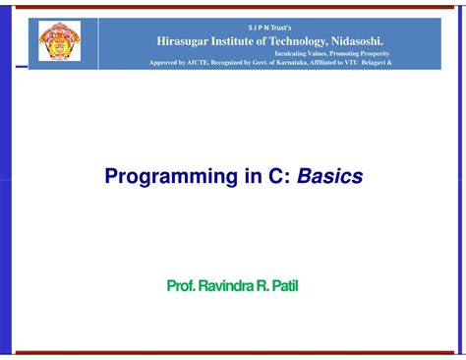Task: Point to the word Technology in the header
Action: coord(313,39)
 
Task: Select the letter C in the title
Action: coord(261,177)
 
